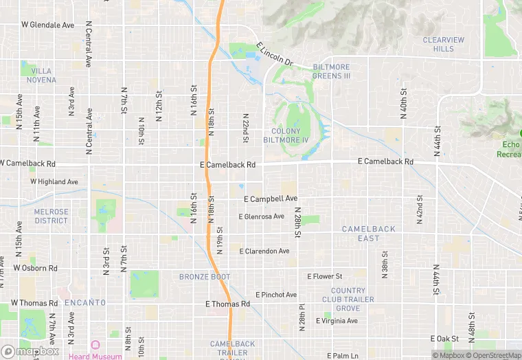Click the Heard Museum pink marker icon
(x=95, y=345)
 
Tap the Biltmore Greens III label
(x=332, y=71)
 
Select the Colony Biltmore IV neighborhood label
(x=286, y=135)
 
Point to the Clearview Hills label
(x=444, y=45)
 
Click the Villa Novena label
(x=41, y=76)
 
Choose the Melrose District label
(x=52, y=216)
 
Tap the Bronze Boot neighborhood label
(x=205, y=277)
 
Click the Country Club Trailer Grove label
(x=352, y=300)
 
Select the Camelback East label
(x=368, y=234)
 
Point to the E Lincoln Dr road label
(x=275, y=55)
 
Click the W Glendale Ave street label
(x=47, y=25)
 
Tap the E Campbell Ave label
(x=271, y=199)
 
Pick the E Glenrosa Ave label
(x=261, y=216)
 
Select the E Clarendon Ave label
(x=264, y=251)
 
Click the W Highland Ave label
(x=54, y=182)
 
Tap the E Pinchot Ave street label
(x=276, y=295)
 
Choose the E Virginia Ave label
(x=337, y=321)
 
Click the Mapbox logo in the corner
(x=30, y=351)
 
